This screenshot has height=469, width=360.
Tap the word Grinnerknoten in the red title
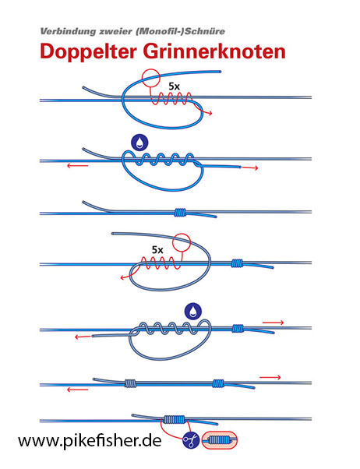click(215, 51)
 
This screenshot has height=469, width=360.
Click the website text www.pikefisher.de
click(90, 440)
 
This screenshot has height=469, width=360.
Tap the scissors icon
click(191, 440)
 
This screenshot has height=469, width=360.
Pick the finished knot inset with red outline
click(220, 440)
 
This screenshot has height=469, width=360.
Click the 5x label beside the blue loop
click(175, 86)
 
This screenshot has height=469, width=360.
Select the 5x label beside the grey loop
click(157, 249)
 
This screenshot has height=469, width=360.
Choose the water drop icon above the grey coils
click(193, 311)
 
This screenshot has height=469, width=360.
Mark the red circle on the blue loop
click(151, 77)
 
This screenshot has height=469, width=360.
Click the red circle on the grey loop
click(182, 242)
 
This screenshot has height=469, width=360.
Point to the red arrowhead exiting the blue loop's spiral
click(210, 113)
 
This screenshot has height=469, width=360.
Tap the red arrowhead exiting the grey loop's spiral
click(122, 278)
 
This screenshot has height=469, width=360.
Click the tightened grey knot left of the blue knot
click(130, 383)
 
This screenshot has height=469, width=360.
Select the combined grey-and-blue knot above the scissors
click(175, 420)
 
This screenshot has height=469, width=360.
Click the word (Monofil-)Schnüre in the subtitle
click(180, 31)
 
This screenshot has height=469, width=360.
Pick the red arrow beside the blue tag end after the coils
click(250, 168)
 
